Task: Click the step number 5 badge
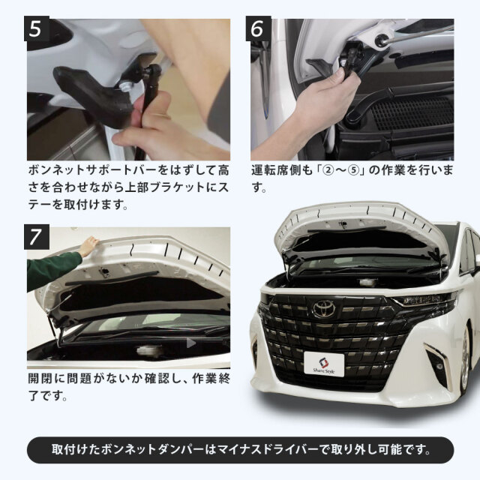pos(37,28)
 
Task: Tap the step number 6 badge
pos(258,28)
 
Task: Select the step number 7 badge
pos(37,237)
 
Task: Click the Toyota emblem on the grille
pos(324,308)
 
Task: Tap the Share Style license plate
pos(324,364)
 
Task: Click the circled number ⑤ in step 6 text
pos(353,170)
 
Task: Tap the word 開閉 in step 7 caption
pos(40,378)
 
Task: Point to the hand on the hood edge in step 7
pos(88,245)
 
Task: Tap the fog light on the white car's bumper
pos(438,366)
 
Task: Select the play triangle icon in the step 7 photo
pos(191,343)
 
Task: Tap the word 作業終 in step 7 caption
pos(211,378)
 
